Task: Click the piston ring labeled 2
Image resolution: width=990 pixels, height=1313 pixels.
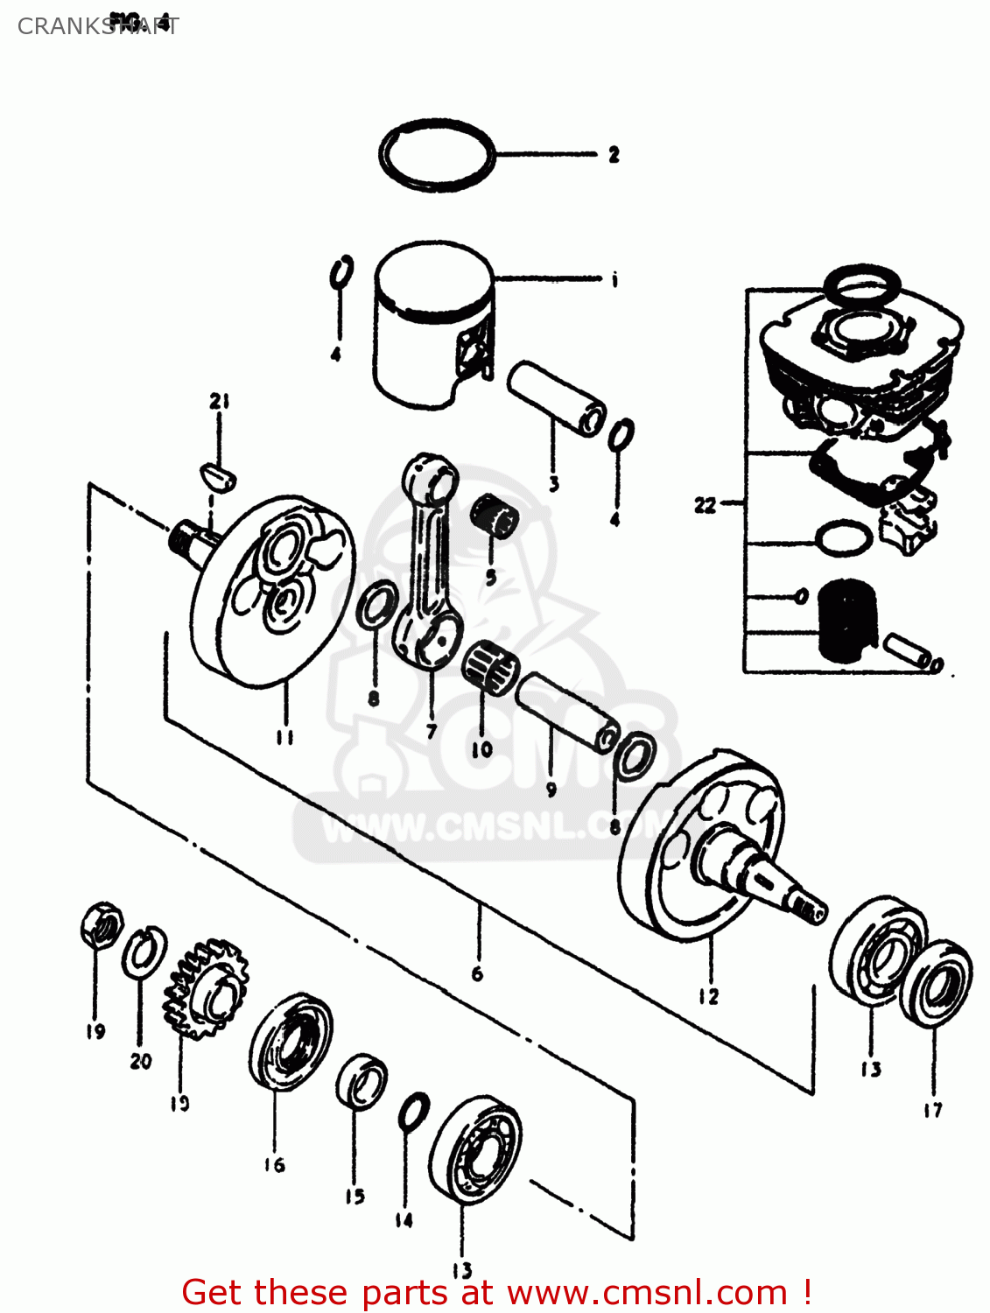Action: (437, 155)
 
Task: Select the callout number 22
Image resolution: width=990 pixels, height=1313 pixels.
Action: (705, 505)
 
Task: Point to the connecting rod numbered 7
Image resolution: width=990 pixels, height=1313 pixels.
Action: (428, 560)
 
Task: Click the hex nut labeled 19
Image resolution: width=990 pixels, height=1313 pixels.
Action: (101, 925)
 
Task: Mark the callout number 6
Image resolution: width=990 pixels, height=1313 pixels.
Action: (477, 973)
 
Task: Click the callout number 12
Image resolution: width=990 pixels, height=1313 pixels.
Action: (708, 996)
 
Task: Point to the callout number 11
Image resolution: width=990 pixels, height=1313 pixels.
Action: (284, 737)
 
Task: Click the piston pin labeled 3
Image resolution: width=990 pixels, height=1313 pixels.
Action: (556, 397)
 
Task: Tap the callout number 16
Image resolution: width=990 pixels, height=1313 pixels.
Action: (274, 1164)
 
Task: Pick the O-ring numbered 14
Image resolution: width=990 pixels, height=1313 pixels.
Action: (413, 1112)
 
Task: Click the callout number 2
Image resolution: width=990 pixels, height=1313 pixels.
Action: (614, 155)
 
